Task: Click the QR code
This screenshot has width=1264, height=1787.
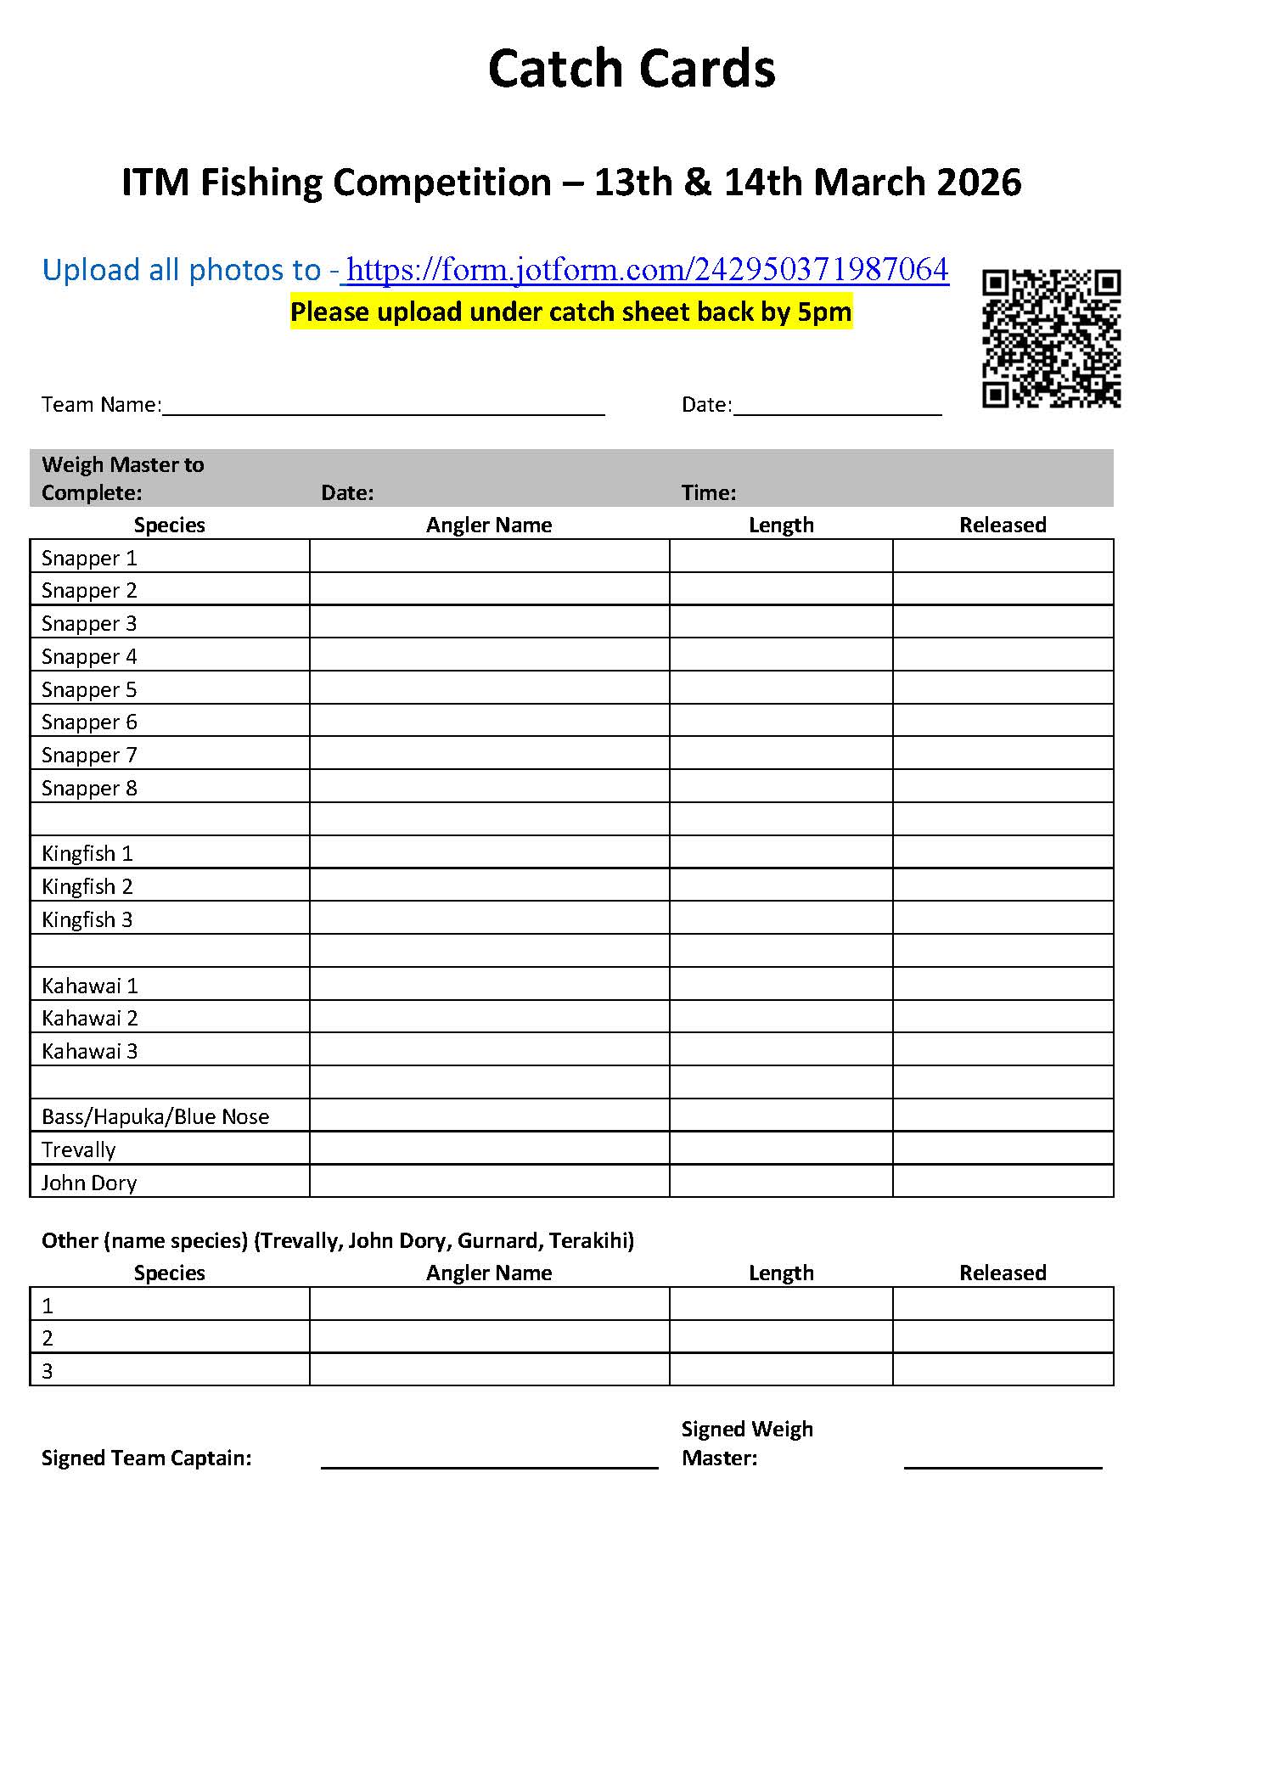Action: tap(1051, 338)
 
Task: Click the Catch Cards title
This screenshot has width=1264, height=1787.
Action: tap(631, 69)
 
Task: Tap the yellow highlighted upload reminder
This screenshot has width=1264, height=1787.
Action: tap(570, 312)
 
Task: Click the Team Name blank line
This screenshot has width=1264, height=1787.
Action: tap(383, 406)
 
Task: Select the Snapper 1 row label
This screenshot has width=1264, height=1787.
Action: tap(89, 558)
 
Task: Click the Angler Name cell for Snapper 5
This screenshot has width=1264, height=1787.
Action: tap(489, 688)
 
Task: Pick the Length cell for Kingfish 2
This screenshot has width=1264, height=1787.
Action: tap(780, 885)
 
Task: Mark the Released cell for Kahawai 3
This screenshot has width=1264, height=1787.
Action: tap(1003, 1049)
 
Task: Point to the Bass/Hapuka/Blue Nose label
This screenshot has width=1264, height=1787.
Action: tap(155, 1116)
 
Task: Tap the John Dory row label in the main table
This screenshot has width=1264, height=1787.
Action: tap(89, 1183)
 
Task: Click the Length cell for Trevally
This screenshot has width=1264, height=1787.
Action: tap(780, 1148)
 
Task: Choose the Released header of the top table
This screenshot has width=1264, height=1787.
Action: tap(1003, 525)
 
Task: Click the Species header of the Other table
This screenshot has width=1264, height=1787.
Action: tap(169, 1273)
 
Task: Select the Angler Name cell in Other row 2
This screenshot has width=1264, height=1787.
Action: tap(489, 1337)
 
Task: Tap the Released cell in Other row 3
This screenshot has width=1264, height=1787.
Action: tap(1003, 1369)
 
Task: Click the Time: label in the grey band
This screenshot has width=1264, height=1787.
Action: tap(708, 492)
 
